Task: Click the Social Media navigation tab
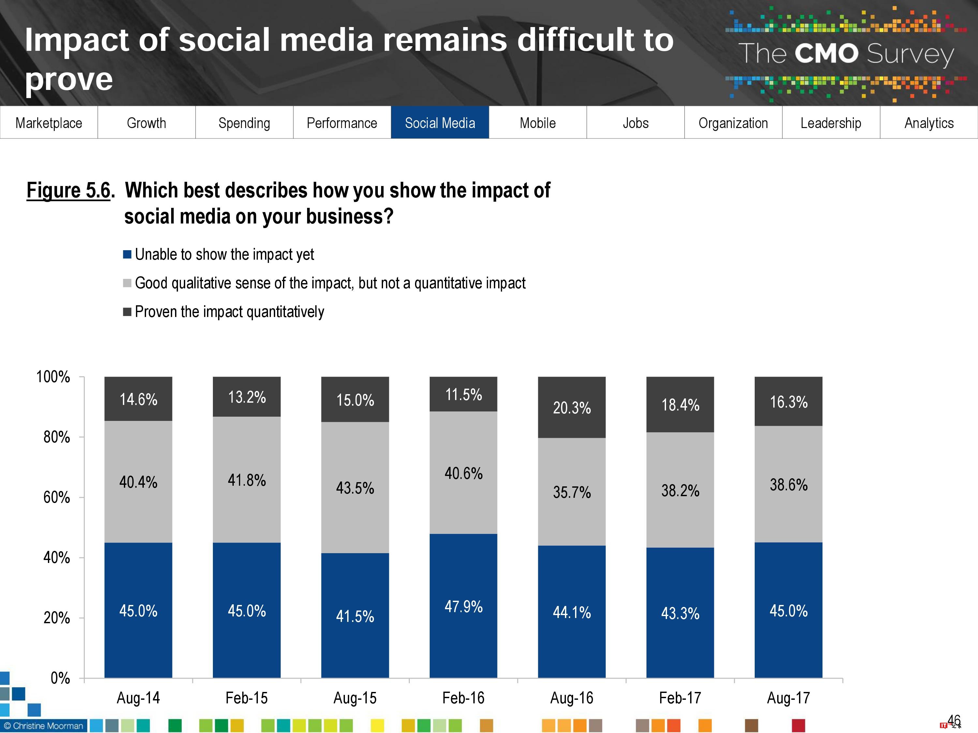tap(439, 122)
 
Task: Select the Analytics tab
tap(928, 122)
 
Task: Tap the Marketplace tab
tap(49, 122)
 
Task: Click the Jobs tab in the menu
tap(635, 122)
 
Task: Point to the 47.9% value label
tap(463, 606)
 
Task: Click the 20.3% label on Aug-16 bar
tap(572, 407)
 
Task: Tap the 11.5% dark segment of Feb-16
tap(463, 394)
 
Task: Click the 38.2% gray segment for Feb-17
tap(680, 490)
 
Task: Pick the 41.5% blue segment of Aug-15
tap(355, 616)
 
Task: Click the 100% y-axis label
tap(53, 377)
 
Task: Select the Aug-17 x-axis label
tap(788, 698)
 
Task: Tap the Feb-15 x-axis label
tap(247, 698)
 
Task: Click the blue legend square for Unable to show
tap(127, 254)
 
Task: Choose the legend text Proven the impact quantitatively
tap(229, 312)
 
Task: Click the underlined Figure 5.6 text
tap(68, 191)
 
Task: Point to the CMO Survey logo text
tap(845, 54)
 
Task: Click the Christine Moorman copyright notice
tap(43, 726)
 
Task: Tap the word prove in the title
tap(69, 79)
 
